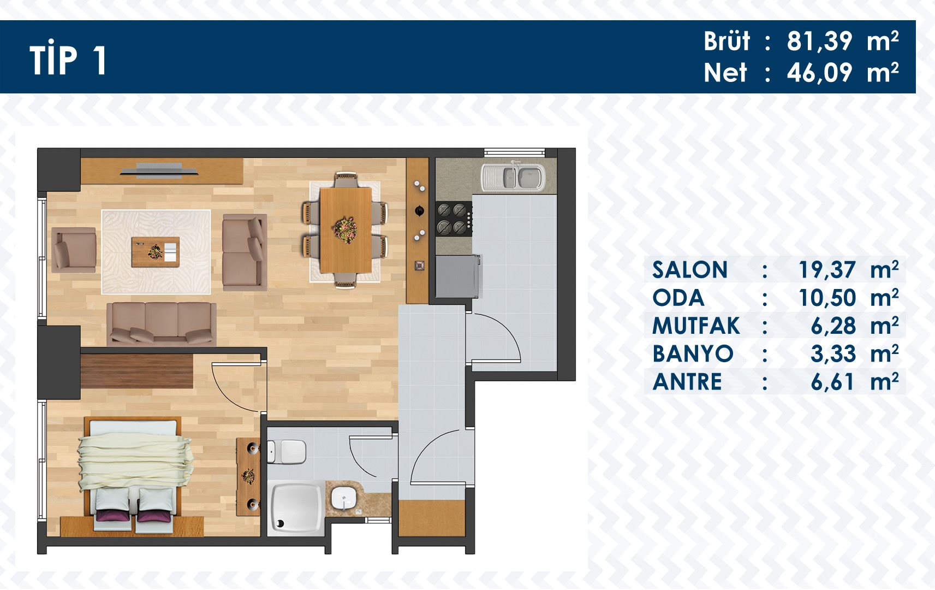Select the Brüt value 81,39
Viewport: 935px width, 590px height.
819,42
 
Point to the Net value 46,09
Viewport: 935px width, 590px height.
819,73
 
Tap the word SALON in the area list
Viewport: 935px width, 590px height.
689,269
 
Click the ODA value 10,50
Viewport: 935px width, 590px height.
827,298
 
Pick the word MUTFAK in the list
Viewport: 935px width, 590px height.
696,326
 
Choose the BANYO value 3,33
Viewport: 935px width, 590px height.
833,354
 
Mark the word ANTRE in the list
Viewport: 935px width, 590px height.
687,382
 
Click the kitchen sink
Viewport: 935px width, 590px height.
513,177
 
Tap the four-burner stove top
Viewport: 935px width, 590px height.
454,217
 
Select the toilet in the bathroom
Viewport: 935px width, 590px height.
287,452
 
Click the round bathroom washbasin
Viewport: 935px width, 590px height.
343,498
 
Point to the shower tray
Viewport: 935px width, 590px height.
295,508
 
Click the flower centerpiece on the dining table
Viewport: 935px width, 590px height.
345,230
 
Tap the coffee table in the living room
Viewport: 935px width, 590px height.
156,252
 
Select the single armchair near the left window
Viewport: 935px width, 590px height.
74,250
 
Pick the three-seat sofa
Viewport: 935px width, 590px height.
162,324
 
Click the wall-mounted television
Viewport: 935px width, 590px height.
159,171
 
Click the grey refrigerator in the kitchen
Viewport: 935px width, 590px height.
458,276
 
